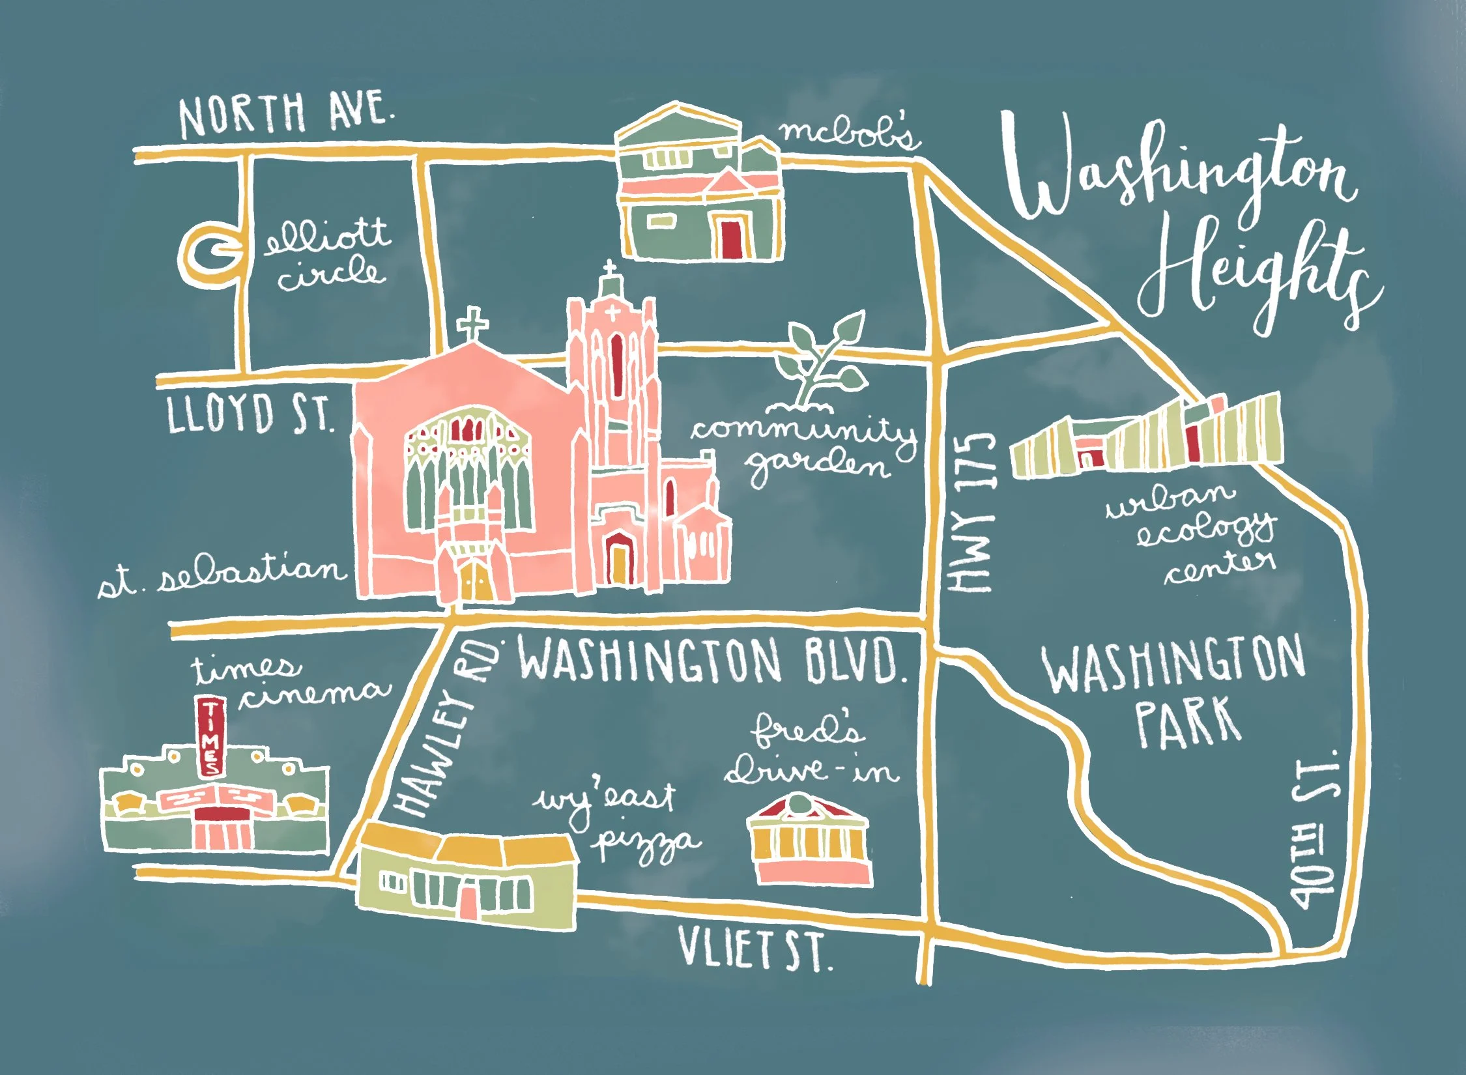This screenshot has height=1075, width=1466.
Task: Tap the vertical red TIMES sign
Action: coord(210,736)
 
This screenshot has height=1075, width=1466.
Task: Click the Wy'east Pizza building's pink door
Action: coord(468,899)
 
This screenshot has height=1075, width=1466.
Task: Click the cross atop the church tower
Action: coord(609,268)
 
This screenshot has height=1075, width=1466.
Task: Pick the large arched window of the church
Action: coord(469,469)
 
